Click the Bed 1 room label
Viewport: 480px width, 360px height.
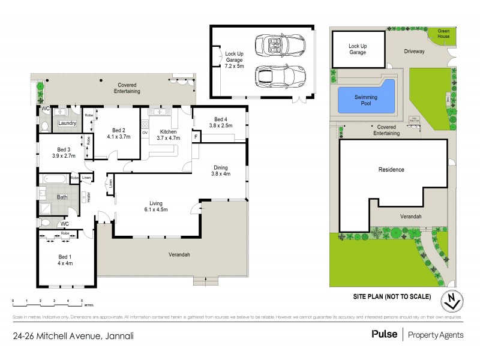click(x=64, y=256)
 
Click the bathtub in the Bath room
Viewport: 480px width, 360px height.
click(x=55, y=179)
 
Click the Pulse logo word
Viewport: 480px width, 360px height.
click(x=384, y=335)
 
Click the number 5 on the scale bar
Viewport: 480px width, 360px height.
click(x=82, y=299)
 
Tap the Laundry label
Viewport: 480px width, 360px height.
click(x=67, y=123)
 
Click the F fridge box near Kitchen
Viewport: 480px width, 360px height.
click(x=196, y=137)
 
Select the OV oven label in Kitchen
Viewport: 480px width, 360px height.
click(x=144, y=133)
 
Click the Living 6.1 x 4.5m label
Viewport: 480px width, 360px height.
click(x=155, y=206)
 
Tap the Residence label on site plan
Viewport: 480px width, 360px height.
click(x=391, y=170)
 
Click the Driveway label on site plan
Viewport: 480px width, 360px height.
click(x=413, y=52)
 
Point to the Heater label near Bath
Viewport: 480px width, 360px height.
click(x=88, y=196)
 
